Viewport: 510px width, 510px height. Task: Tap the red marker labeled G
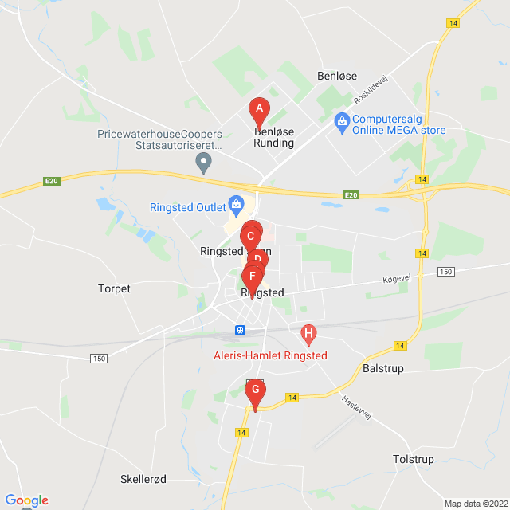(x=255, y=390)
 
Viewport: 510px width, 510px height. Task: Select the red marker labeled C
(x=250, y=237)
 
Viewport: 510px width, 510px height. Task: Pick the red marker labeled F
(x=252, y=277)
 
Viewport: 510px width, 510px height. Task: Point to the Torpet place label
(x=114, y=288)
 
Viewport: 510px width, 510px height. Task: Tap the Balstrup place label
(x=383, y=369)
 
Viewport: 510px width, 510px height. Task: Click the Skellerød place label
(x=143, y=479)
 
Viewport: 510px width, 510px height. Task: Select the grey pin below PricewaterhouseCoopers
(x=204, y=163)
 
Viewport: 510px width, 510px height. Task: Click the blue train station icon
(x=240, y=330)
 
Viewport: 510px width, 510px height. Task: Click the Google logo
(x=26, y=500)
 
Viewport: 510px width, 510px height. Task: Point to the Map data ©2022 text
(x=475, y=504)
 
